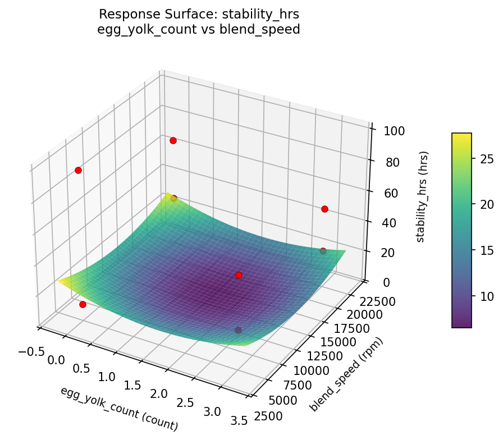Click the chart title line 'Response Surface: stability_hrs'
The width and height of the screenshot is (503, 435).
click(199, 14)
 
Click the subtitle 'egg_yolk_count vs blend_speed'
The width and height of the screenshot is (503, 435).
click(199, 29)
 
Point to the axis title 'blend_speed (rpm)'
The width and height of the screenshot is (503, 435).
click(346, 375)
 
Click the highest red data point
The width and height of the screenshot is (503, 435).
click(173, 140)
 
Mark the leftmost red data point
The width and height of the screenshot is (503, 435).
click(78, 170)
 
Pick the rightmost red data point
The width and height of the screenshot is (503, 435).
click(324, 209)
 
